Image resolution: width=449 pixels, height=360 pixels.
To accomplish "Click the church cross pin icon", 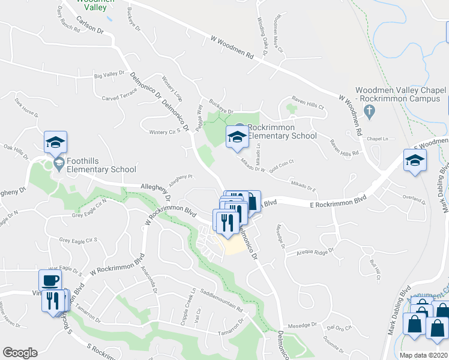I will tap(370, 112).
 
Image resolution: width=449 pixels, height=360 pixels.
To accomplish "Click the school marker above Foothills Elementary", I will tap(55, 142).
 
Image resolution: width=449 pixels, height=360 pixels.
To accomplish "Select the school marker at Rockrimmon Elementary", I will tap(237, 137).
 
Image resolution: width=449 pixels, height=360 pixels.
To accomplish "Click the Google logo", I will tap(20, 352).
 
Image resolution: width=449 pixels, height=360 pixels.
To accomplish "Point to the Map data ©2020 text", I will tap(423, 355).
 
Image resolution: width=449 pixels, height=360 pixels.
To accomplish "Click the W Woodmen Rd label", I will tap(233, 47).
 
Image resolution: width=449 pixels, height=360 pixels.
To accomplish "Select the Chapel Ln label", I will tap(378, 139).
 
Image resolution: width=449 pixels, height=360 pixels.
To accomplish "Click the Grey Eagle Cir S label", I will tap(78, 240).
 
